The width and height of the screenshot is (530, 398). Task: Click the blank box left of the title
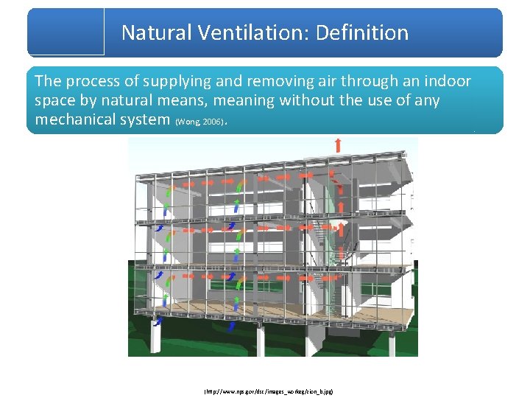click(66, 32)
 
